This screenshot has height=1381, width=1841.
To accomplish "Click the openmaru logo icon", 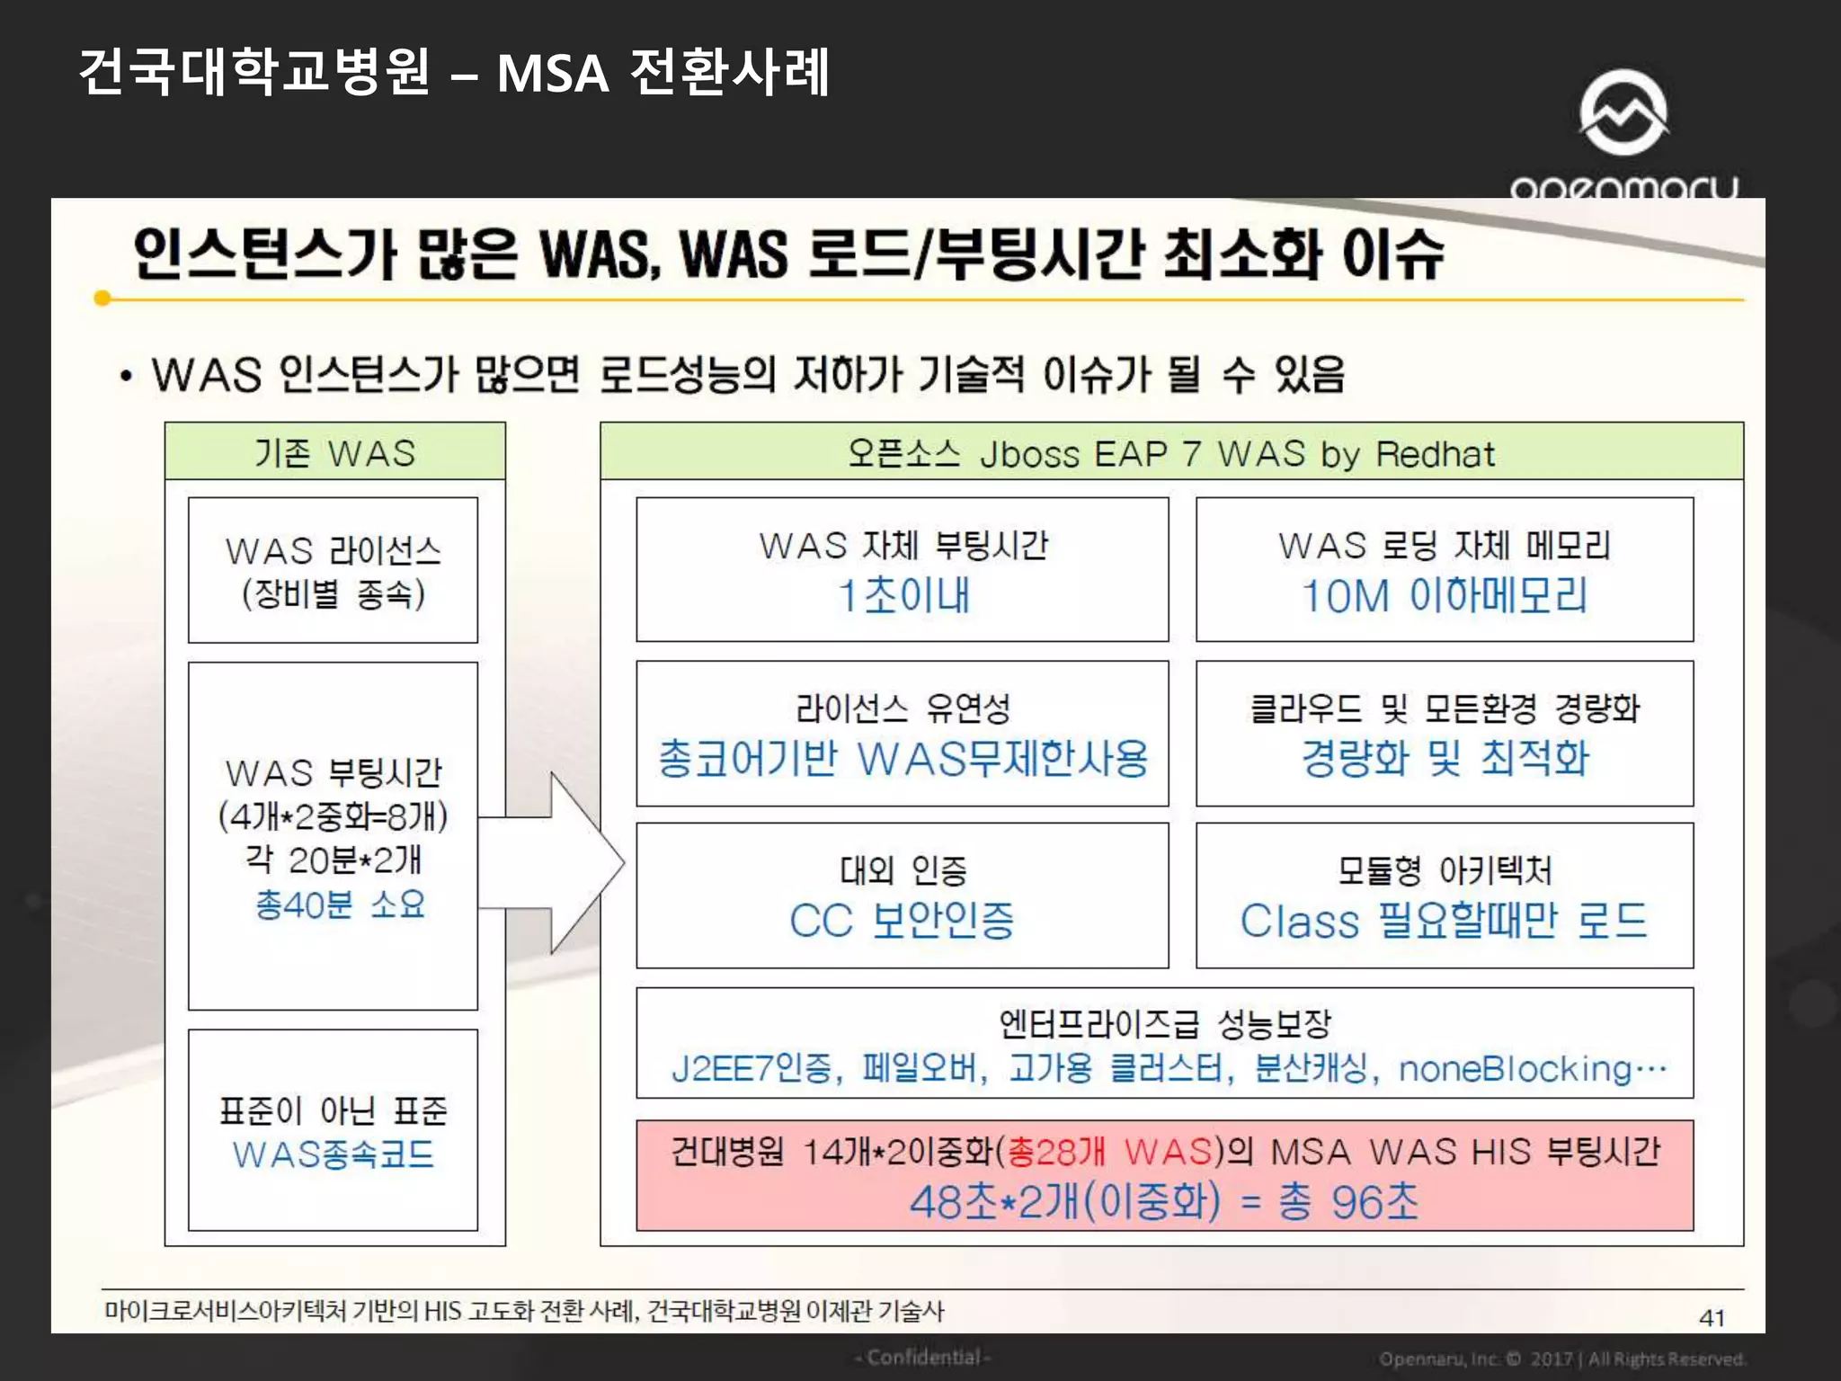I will pyautogui.click(x=1623, y=113).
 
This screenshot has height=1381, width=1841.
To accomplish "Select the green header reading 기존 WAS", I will pyautogui.click(x=334, y=452).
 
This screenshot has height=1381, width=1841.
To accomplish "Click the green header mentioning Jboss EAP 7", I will pyautogui.click(x=1171, y=452).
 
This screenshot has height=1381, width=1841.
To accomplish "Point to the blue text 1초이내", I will pyautogui.click(x=903, y=595).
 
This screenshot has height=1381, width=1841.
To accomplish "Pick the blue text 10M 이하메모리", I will pyautogui.click(x=1445, y=595).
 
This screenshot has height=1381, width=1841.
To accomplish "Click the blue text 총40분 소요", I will pyautogui.click(x=340, y=904).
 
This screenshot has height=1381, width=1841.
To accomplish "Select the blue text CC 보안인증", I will pyautogui.click(x=902, y=921).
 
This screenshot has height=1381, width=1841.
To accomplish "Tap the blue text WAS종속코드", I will pyautogui.click(x=334, y=1154).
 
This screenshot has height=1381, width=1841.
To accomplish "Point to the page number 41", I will pyautogui.click(x=1712, y=1318).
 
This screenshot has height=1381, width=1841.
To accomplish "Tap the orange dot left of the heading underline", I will pyautogui.click(x=103, y=298).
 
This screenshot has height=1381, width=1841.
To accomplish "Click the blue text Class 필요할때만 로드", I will pyautogui.click(x=1444, y=921).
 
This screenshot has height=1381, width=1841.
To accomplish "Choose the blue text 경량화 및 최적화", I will pyautogui.click(x=1445, y=758).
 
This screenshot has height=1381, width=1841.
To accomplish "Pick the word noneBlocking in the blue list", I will pyautogui.click(x=1515, y=1069).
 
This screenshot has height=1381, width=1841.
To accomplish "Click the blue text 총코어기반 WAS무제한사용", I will pyautogui.click(x=903, y=758).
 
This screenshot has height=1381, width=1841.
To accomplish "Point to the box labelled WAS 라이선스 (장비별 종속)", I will pyautogui.click(x=333, y=570).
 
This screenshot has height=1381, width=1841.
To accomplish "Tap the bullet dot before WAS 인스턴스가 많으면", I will pyautogui.click(x=127, y=377).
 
